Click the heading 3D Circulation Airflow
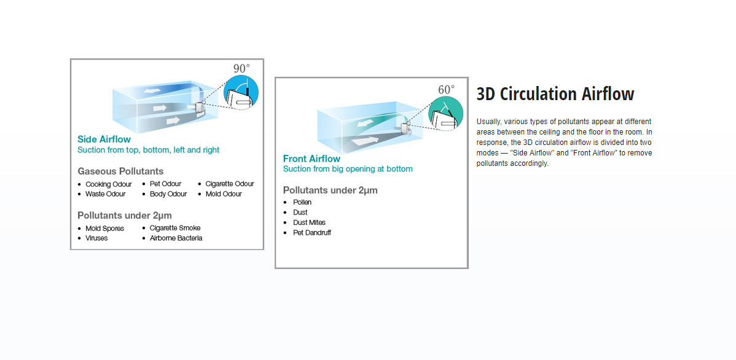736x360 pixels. (x=555, y=94)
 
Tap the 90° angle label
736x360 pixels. (x=242, y=69)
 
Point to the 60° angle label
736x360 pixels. (x=447, y=90)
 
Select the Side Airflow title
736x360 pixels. (x=104, y=139)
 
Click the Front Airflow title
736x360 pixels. (x=311, y=158)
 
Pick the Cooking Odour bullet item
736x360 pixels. (x=108, y=184)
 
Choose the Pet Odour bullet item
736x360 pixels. (x=165, y=184)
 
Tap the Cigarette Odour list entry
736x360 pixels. (x=230, y=184)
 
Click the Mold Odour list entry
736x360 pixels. (x=224, y=194)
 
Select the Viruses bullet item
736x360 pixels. (x=96, y=238)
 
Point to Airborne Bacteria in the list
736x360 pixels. (x=176, y=238)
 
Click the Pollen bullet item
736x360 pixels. (x=302, y=202)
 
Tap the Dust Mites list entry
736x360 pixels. (x=309, y=222)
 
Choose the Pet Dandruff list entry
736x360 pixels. (x=311, y=233)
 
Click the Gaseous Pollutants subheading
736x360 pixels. (x=120, y=171)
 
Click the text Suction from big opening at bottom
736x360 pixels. (x=348, y=169)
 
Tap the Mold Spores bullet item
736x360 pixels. (x=104, y=229)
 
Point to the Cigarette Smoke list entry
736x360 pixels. (x=175, y=228)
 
